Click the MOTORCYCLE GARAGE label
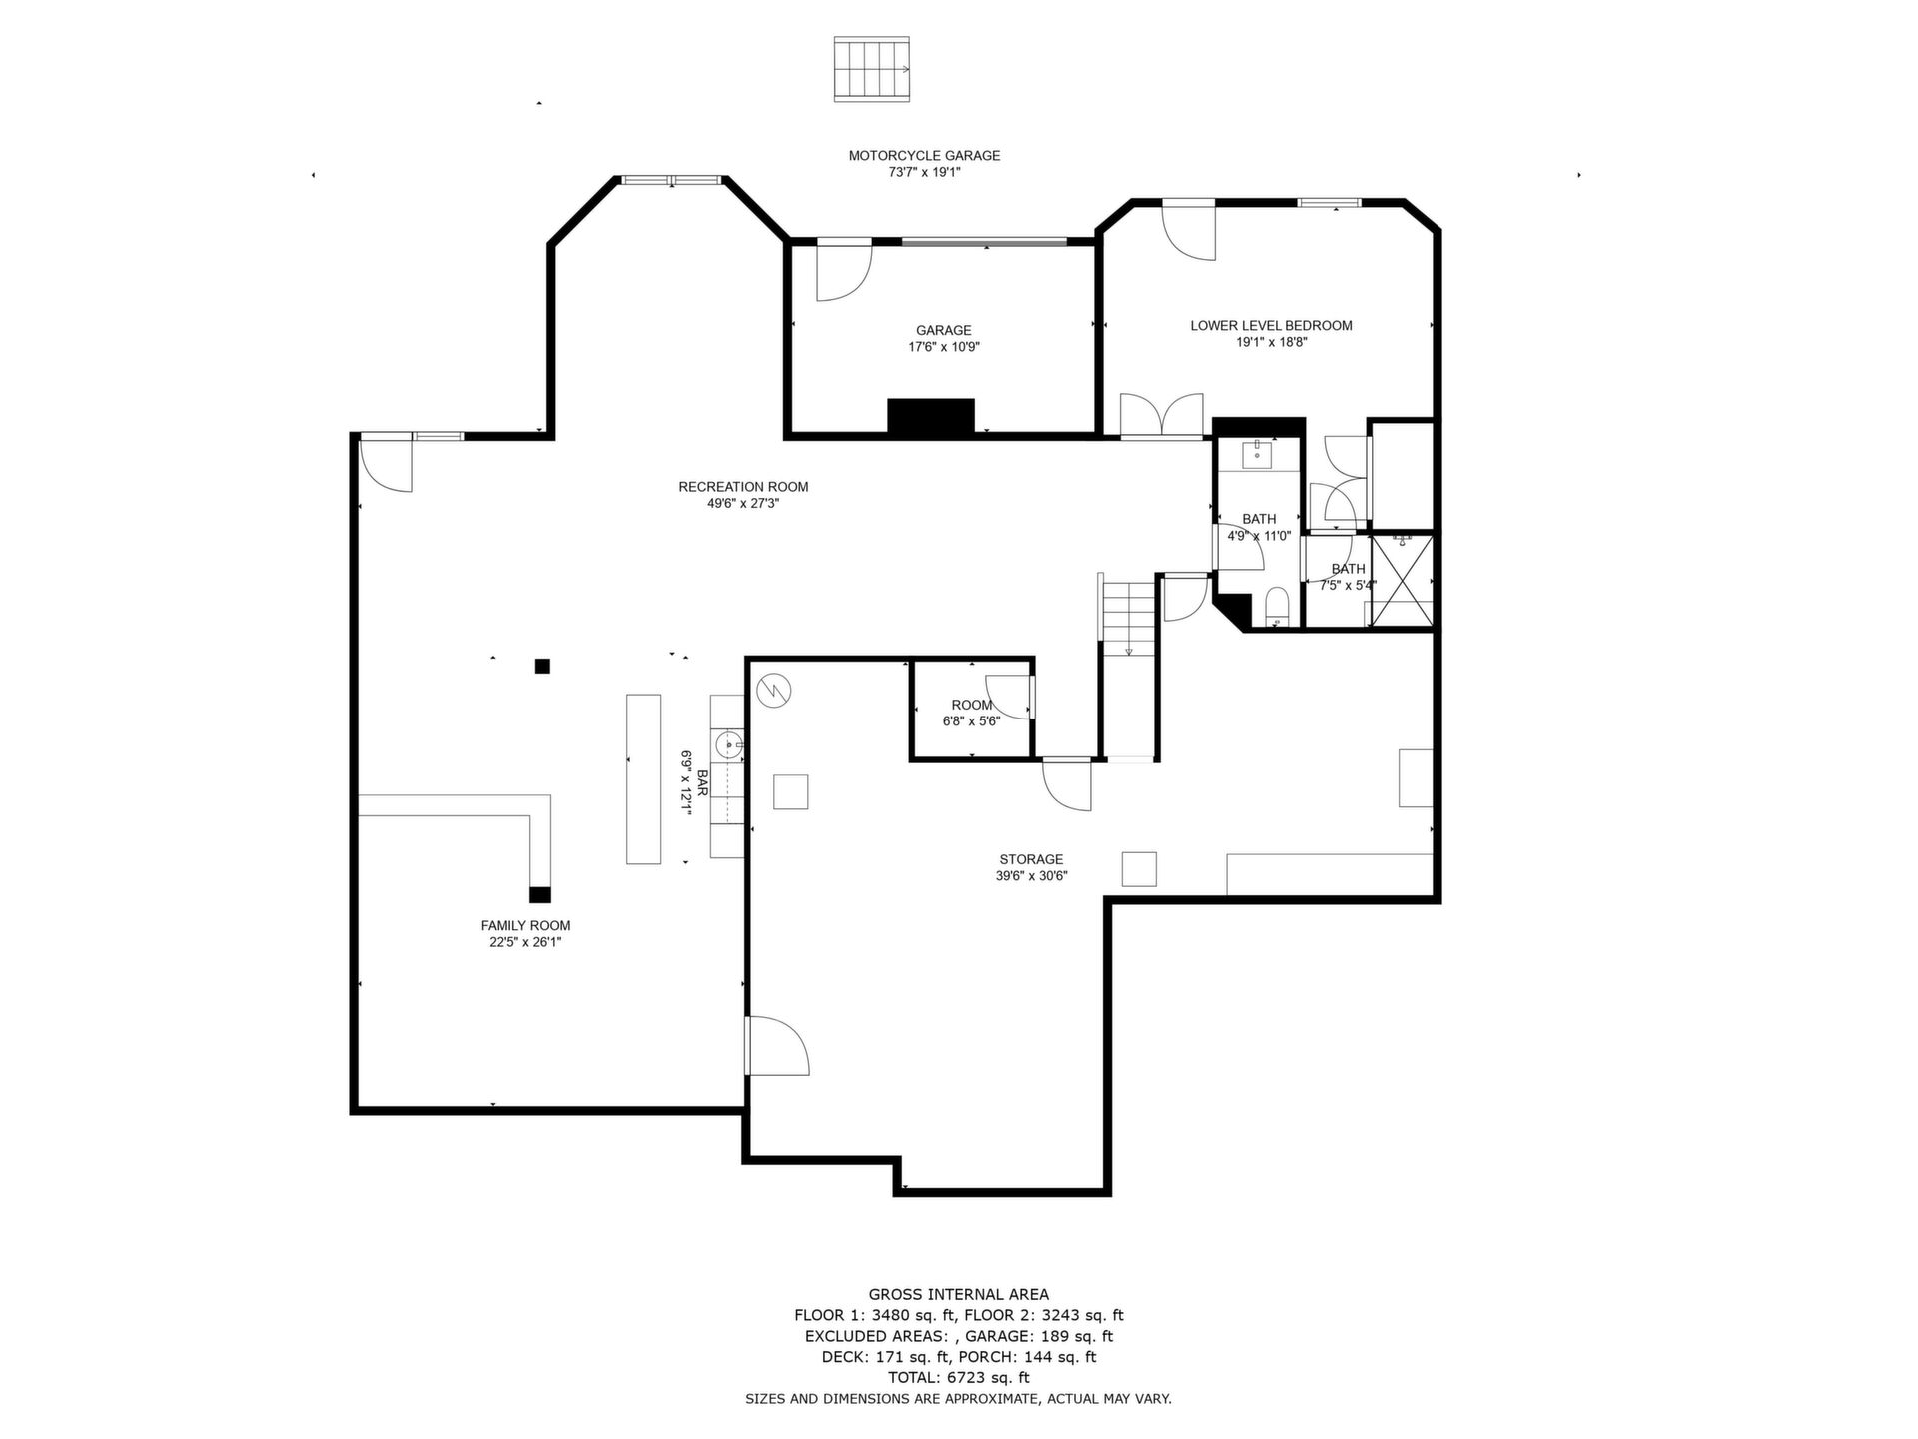(924, 156)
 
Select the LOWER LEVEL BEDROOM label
(1271, 326)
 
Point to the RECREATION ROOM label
(743, 487)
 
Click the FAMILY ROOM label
(525, 926)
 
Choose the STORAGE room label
(1031, 860)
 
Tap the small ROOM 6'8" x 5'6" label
(972, 706)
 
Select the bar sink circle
(729, 744)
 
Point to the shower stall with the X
(1400, 581)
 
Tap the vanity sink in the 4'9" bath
(1257, 455)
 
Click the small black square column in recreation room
(542, 667)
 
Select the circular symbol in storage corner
(774, 690)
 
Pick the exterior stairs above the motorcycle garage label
(872, 69)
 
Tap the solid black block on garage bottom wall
(931, 416)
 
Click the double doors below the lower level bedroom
(1161, 416)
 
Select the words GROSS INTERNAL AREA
(959, 1295)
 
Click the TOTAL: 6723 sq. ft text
(959, 1377)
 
